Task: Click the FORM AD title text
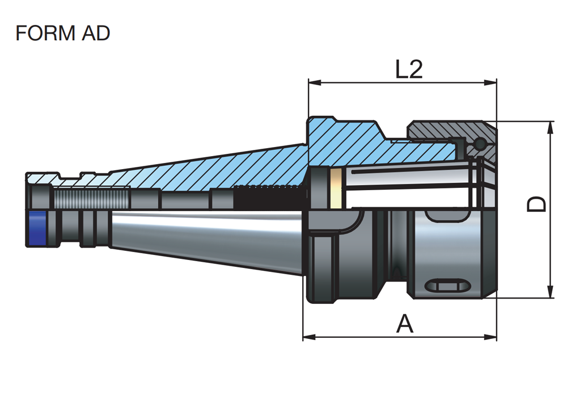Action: coord(62,33)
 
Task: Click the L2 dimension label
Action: coord(409,70)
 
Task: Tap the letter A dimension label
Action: coord(404,324)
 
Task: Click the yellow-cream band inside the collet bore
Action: coord(336,188)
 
